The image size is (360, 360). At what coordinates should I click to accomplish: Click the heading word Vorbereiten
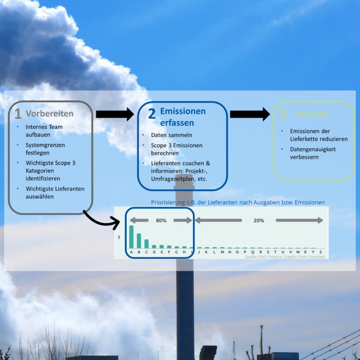(50, 114)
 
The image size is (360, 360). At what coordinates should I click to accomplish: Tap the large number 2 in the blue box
(152, 114)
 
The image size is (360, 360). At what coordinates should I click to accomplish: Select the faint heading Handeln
(312, 114)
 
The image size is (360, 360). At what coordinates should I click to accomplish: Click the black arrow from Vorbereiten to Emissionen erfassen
(115, 114)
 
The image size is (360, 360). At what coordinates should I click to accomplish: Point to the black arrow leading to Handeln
(250, 114)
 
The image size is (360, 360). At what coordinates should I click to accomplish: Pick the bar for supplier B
(139, 240)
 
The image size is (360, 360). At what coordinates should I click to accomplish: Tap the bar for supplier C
(146, 243)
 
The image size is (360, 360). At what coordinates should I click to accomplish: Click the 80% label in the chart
(161, 220)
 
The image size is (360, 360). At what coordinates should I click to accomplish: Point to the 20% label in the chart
(259, 220)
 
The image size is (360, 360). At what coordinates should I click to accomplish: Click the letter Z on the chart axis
(320, 252)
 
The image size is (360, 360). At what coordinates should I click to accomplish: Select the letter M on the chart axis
(222, 252)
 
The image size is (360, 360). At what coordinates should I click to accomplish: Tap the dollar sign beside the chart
(119, 237)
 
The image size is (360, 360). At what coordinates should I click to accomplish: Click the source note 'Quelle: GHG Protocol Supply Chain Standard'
(284, 257)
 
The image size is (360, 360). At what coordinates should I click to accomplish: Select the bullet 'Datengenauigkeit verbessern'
(313, 153)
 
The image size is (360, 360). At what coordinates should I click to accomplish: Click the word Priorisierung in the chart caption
(167, 202)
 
